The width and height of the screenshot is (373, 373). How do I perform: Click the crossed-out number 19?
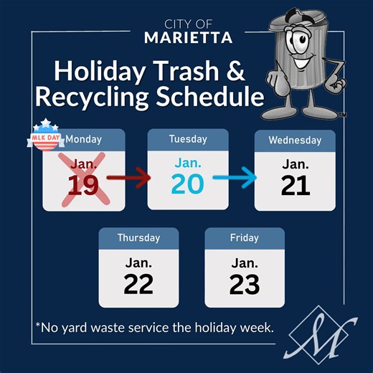point(83,186)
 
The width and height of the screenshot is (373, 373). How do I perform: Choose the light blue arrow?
point(235,178)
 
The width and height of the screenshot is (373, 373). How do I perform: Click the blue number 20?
point(186,184)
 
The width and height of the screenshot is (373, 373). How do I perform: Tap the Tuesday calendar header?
point(187,139)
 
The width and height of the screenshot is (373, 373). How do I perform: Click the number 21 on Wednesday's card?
point(295,186)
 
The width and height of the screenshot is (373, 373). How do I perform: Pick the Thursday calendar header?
point(138,237)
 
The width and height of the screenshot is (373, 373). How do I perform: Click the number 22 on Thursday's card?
point(138,284)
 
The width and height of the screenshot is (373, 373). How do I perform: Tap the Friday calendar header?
point(245,237)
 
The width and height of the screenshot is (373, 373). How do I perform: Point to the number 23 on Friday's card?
point(245,284)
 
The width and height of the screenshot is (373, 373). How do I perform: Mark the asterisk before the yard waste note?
point(38,326)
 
